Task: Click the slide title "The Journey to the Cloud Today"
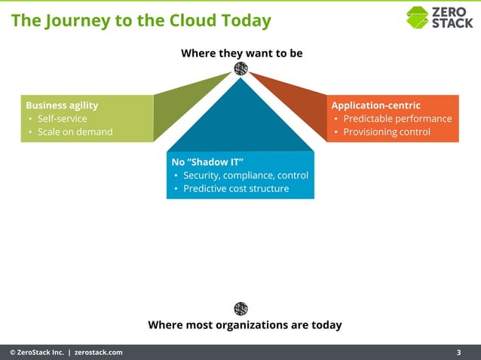141,20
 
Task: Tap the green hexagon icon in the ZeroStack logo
417,17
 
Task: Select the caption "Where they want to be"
241,53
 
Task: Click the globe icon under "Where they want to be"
240,69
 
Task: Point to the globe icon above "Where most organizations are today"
240,308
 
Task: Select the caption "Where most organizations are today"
244,325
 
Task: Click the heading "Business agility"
62,105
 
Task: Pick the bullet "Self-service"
62,119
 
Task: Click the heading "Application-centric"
375,105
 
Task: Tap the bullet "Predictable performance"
397,119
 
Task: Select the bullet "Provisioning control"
387,132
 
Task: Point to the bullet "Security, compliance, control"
245,175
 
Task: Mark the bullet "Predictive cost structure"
235,188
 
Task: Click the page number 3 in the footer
459,352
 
